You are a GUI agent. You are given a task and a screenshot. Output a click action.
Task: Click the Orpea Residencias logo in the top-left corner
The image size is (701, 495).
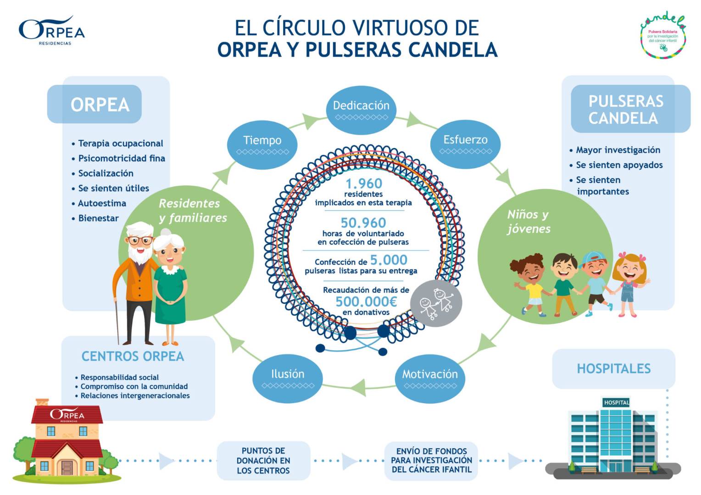pos(51,31)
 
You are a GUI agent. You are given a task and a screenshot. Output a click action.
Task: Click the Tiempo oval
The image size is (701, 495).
pos(262,144)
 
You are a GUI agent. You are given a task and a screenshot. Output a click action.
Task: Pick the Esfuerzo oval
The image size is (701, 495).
pos(465,143)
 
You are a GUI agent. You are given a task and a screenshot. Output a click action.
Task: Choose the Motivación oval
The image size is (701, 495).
pos(430,378)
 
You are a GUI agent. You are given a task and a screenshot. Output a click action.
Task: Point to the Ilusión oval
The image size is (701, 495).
pos(288,378)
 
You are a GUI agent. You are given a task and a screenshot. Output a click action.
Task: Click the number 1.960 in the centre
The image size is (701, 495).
pos(364,183)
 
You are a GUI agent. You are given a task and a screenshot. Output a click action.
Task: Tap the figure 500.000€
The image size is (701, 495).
pos(366,302)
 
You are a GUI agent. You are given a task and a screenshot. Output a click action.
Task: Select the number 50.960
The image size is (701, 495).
pos(363,223)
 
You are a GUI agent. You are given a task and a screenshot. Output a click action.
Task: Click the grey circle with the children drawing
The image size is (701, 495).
pos(435,303)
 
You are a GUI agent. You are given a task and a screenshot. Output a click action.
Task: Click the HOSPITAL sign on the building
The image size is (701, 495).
pos(616,402)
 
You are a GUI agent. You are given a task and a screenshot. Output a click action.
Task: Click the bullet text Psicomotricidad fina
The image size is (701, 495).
pos(121,159)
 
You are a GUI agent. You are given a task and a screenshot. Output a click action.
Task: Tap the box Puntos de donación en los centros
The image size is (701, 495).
pos(263,461)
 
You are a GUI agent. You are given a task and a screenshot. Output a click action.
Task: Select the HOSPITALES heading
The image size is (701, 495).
pos(613,368)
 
